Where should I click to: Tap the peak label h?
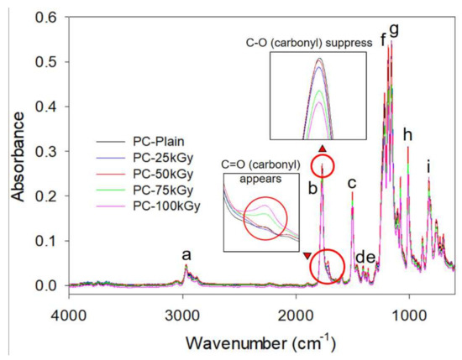[408, 134]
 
